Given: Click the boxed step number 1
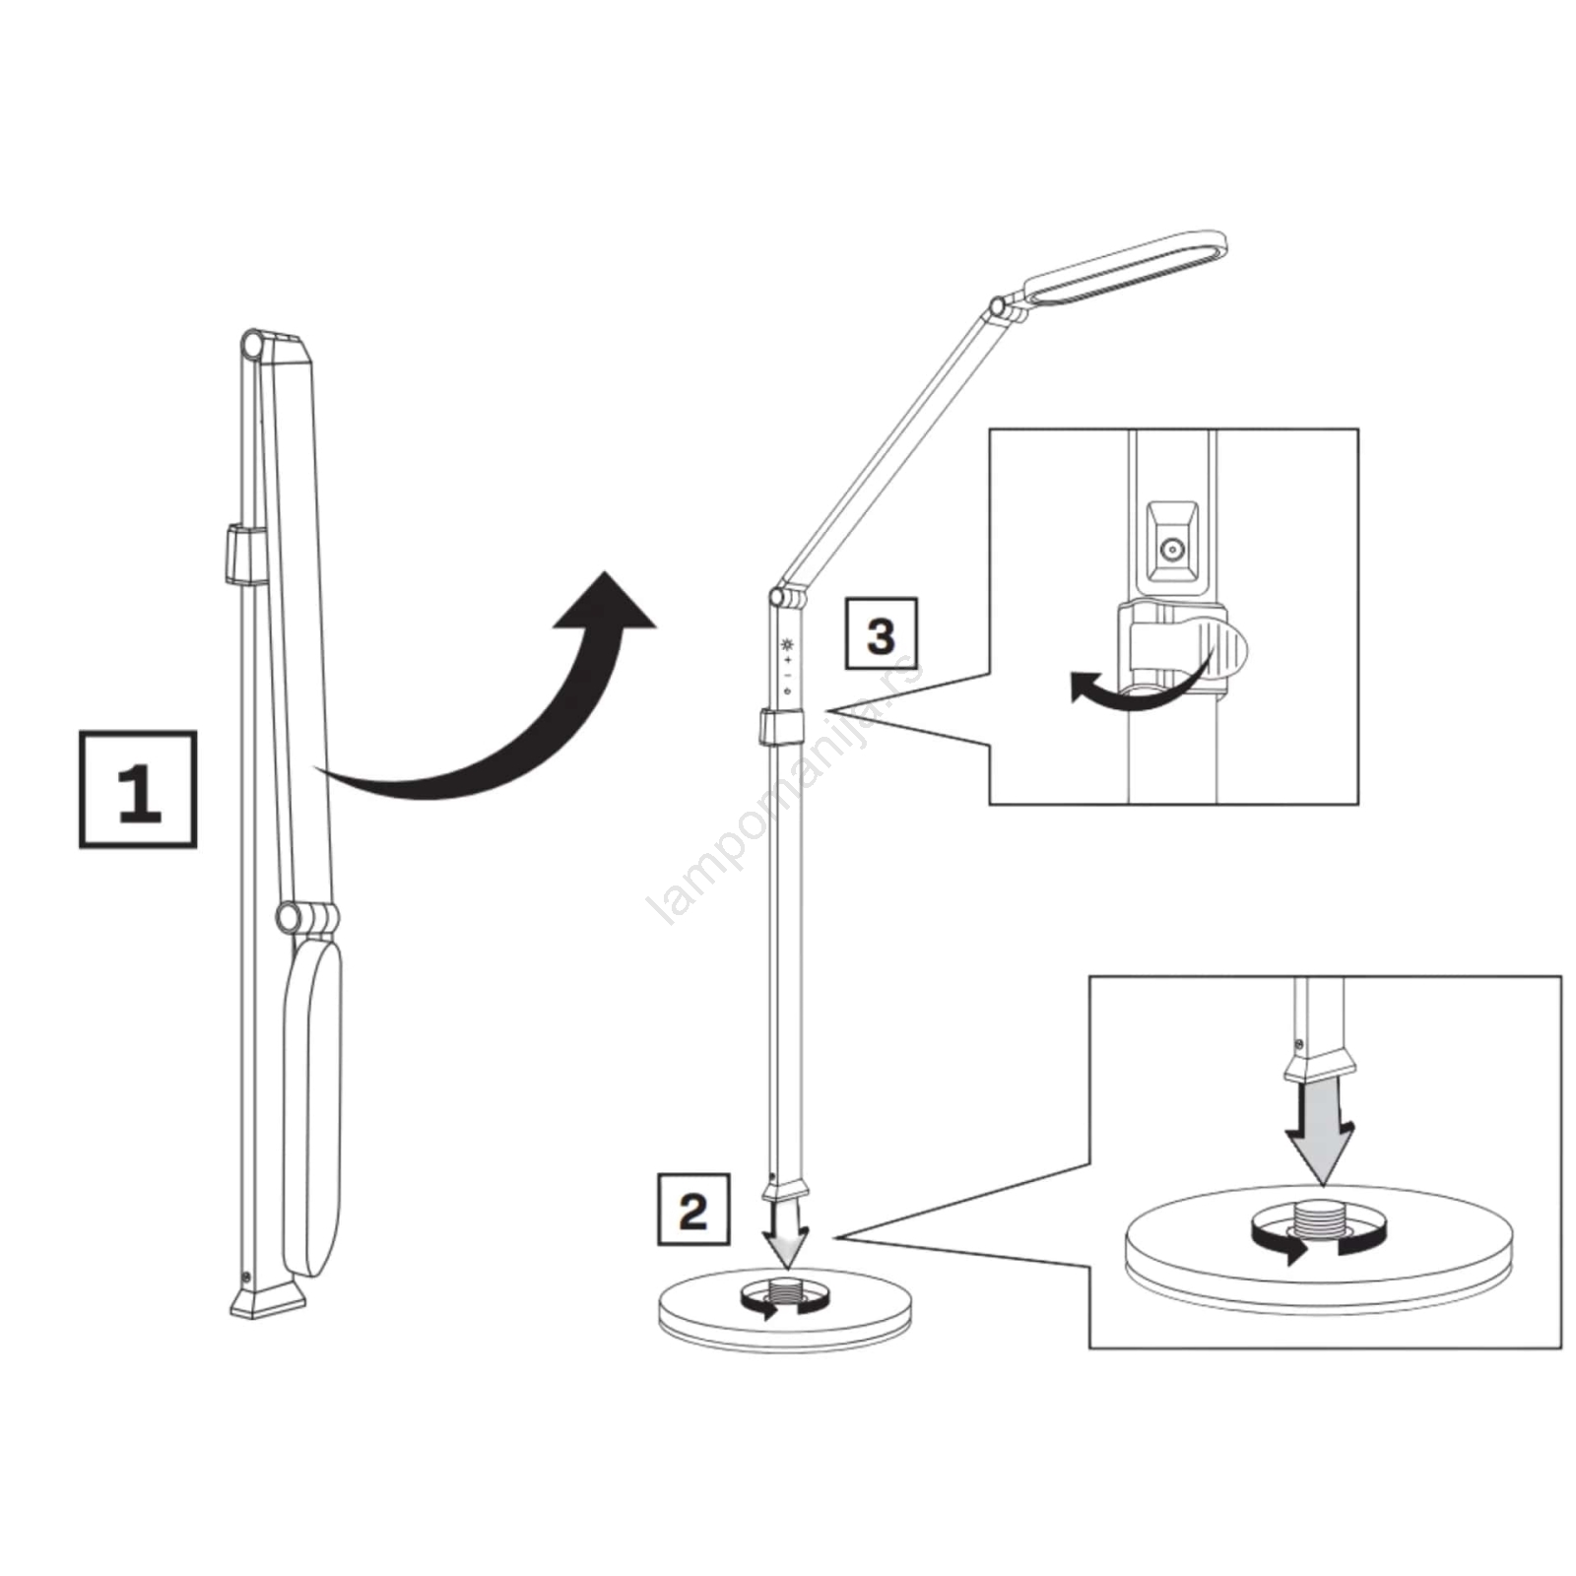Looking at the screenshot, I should click(138, 790).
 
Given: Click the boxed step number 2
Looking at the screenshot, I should click(693, 1210).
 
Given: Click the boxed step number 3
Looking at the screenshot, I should click(882, 634).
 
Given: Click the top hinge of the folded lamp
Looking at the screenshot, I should click(253, 347).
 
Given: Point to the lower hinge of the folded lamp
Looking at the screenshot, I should click(290, 917).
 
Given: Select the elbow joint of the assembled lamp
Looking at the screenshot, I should click(778, 597).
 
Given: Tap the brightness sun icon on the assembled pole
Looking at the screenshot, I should click(786, 645).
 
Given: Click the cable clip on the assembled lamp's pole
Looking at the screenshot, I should click(781, 727).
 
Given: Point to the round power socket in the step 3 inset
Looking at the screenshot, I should click(1171, 551).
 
